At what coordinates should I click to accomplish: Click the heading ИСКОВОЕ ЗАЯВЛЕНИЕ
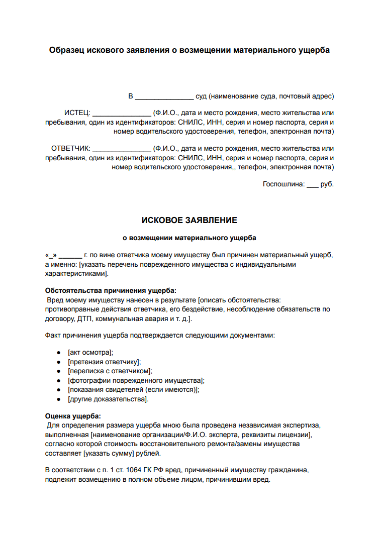click(189, 221)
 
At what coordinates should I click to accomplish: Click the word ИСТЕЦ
click(76, 113)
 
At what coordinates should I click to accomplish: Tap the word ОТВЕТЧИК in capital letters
click(70, 149)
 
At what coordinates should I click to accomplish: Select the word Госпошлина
click(283, 184)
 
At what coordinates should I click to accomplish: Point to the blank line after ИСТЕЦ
click(122, 113)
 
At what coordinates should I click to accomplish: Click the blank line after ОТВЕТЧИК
click(122, 149)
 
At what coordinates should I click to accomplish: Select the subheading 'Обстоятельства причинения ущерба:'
click(111, 290)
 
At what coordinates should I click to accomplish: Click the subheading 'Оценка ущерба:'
click(73, 416)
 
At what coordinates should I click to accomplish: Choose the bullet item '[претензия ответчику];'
click(104, 362)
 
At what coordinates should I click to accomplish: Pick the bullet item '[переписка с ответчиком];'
click(110, 371)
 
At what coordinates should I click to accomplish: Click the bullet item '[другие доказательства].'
click(108, 399)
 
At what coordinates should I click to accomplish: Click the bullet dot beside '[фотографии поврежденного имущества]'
click(59, 381)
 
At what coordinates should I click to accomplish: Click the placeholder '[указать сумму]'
click(109, 453)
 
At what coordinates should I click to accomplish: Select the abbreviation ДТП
click(86, 318)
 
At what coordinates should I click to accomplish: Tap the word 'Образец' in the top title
click(67, 50)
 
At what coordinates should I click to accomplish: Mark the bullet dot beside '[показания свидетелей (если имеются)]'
click(59, 390)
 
